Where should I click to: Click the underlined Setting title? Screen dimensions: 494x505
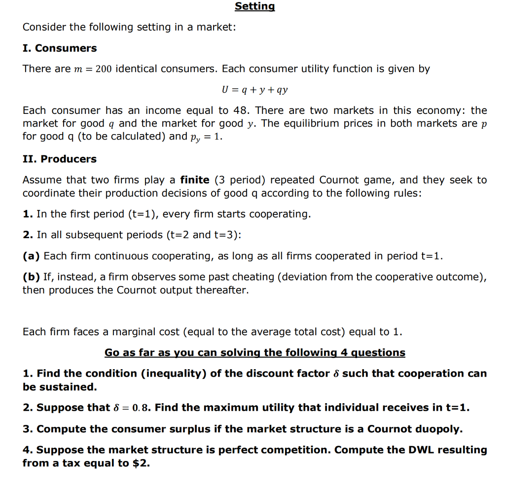[254, 6]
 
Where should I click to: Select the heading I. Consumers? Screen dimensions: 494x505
[60, 48]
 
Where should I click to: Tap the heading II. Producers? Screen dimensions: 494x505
[60, 159]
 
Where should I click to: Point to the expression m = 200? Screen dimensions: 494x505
[93, 69]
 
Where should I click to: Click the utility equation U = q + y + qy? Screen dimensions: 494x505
[254, 90]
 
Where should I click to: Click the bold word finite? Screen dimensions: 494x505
[195, 180]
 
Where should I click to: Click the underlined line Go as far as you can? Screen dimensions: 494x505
[254, 353]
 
